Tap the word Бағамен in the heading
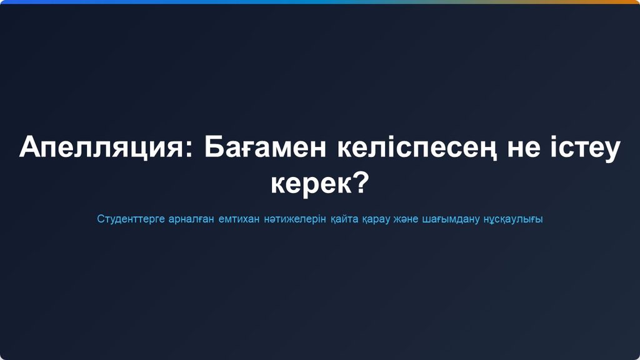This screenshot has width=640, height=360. pos(265,147)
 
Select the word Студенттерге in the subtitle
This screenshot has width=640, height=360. pos(131,219)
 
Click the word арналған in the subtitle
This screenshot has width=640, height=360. pos(191,219)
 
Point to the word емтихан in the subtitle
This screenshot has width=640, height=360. pos(239,219)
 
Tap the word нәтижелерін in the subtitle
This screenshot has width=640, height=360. pos(295,219)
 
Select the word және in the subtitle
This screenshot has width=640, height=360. pos(406,219)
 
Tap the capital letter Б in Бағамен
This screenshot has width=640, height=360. pos(212,147)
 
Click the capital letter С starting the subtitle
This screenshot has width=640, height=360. pos(101,219)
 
